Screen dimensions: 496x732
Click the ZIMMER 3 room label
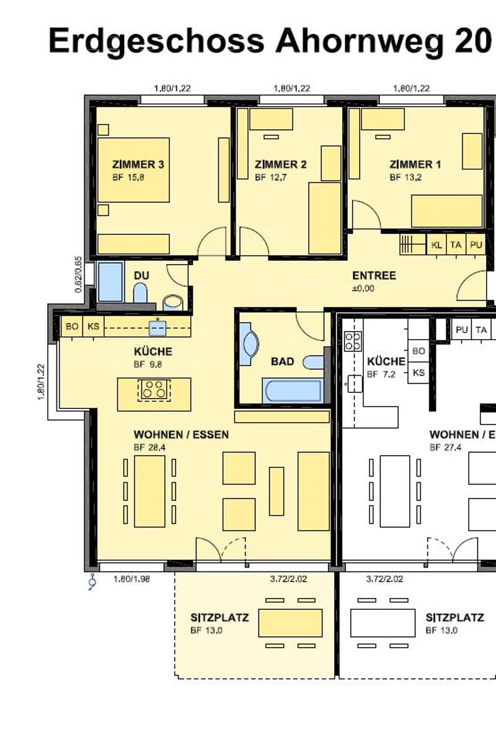click(x=138, y=164)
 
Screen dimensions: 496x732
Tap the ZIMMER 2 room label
click(x=281, y=164)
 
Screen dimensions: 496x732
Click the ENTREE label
click(x=374, y=275)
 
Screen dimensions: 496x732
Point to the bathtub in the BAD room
click(x=293, y=390)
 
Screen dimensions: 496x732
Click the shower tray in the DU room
click(x=110, y=282)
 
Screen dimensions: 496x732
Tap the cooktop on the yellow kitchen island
click(x=154, y=389)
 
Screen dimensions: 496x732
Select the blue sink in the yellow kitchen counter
click(x=157, y=328)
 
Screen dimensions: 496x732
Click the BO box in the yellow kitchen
click(x=72, y=326)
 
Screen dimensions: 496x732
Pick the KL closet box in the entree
click(x=436, y=245)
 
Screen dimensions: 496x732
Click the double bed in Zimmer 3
click(x=133, y=170)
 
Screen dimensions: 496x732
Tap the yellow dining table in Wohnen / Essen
click(x=149, y=491)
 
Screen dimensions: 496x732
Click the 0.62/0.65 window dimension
click(x=79, y=275)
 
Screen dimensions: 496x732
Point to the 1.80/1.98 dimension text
click(x=131, y=580)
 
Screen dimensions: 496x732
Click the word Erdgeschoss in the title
click(x=156, y=41)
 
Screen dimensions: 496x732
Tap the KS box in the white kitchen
click(x=419, y=373)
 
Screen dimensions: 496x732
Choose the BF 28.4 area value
click(x=149, y=448)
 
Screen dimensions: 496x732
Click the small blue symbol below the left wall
click(x=93, y=581)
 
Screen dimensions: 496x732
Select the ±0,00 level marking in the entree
click(x=363, y=288)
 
